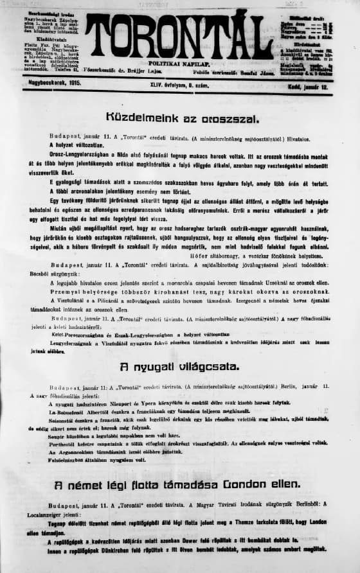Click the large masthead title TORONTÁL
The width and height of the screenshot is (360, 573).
(x=179, y=37)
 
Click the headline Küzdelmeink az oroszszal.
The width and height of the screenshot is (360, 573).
(x=183, y=118)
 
